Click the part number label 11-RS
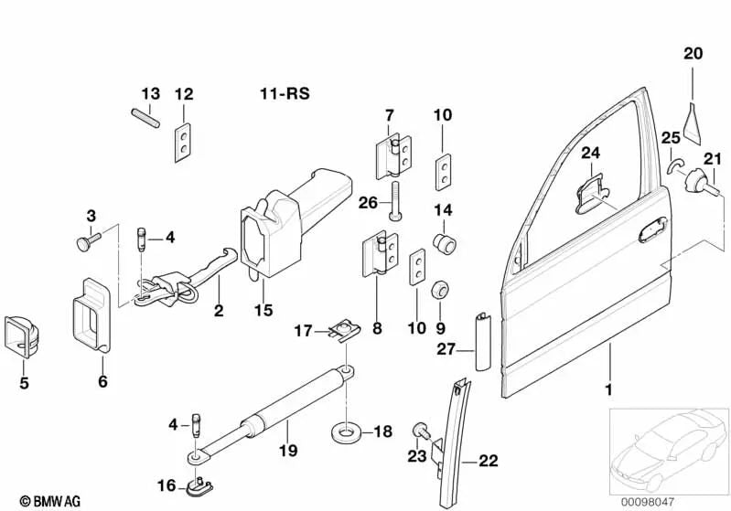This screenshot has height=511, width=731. pyautogui.click(x=281, y=93)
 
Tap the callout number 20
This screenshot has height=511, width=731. pyautogui.click(x=693, y=53)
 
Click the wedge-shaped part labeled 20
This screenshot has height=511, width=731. pyautogui.click(x=693, y=118)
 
